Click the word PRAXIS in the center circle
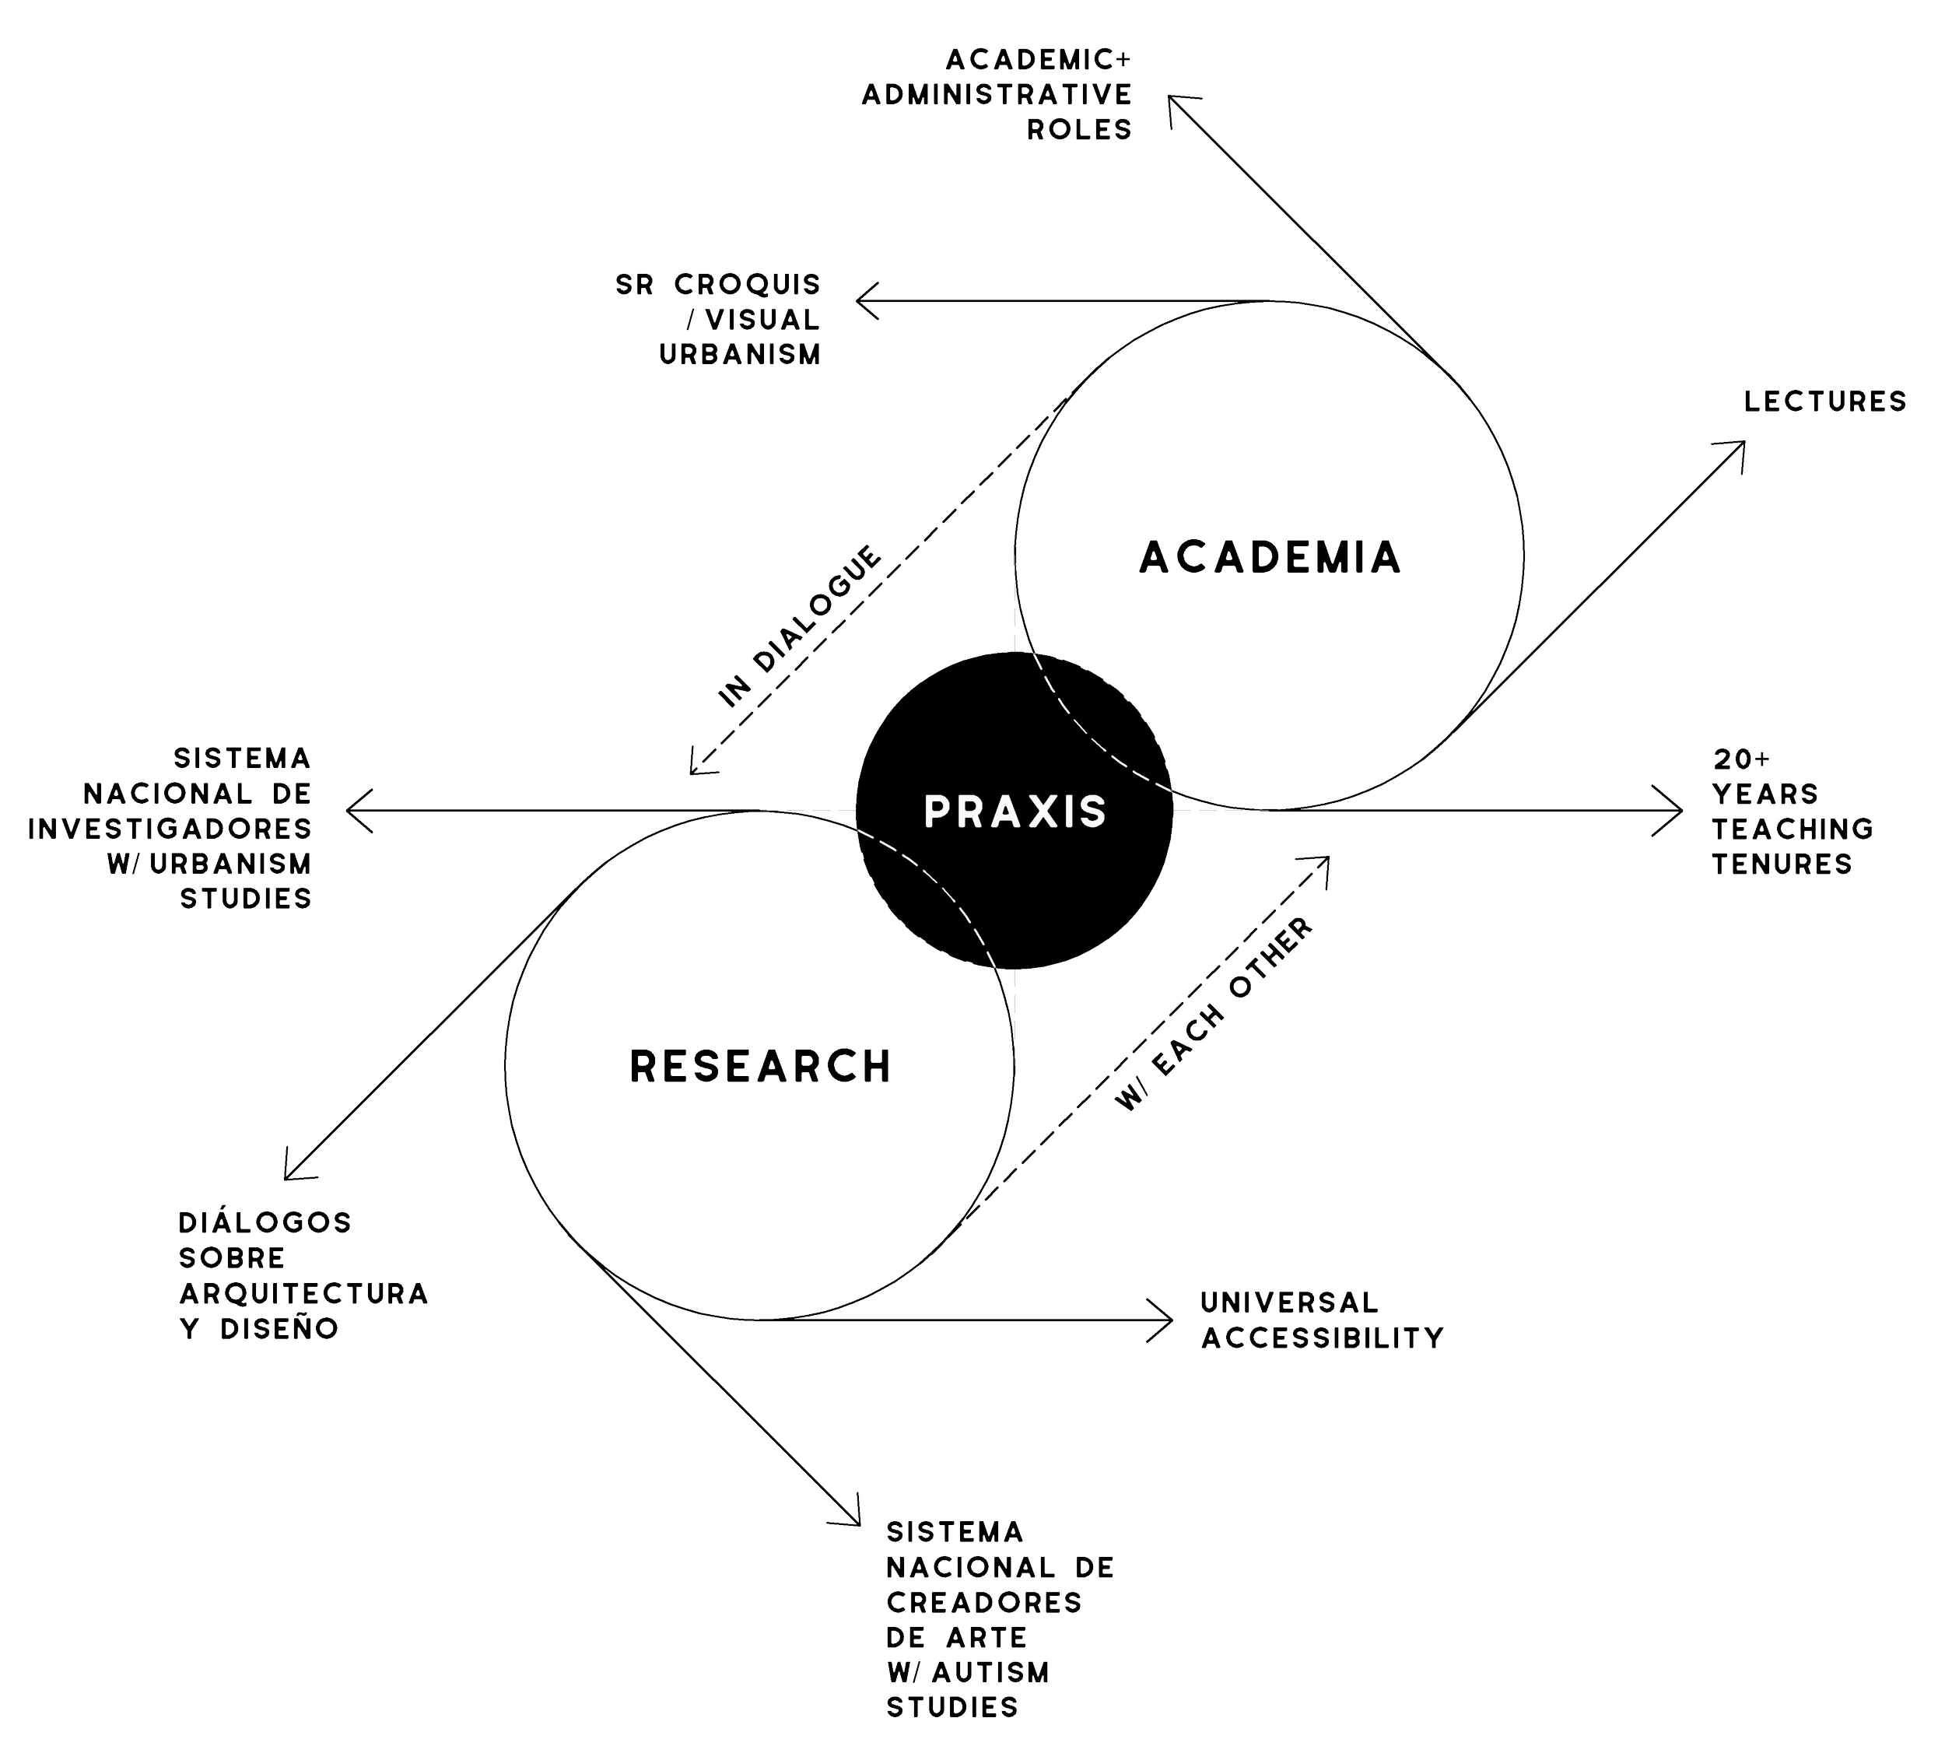click(x=1015, y=812)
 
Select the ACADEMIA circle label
click(x=1270, y=558)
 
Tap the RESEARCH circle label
click(x=760, y=1066)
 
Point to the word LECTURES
click(x=1824, y=401)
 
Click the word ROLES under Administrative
click(x=1078, y=129)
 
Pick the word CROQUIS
click(x=747, y=285)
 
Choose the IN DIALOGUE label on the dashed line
click(x=800, y=627)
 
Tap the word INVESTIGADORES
click(x=170, y=829)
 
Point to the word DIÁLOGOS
click(x=265, y=1222)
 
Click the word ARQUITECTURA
click(x=303, y=1293)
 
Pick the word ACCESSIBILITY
click(x=1322, y=1338)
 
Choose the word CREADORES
click(x=984, y=1603)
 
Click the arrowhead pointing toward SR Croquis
click(x=860, y=301)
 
